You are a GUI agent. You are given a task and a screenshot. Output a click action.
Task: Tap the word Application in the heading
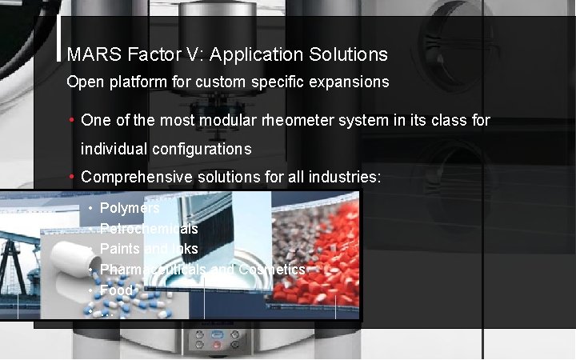(x=253, y=55)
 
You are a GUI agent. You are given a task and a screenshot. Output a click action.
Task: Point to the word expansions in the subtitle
(x=350, y=82)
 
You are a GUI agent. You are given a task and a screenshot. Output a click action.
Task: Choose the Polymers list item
(x=130, y=208)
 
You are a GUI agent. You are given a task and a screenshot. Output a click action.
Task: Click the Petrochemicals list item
(x=149, y=229)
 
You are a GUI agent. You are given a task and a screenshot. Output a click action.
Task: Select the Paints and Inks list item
(x=149, y=249)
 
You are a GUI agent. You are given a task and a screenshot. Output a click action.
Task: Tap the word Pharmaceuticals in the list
(x=153, y=270)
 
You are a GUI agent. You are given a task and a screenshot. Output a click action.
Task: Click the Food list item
(x=116, y=290)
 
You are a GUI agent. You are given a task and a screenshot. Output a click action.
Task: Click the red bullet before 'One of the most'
(x=72, y=121)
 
